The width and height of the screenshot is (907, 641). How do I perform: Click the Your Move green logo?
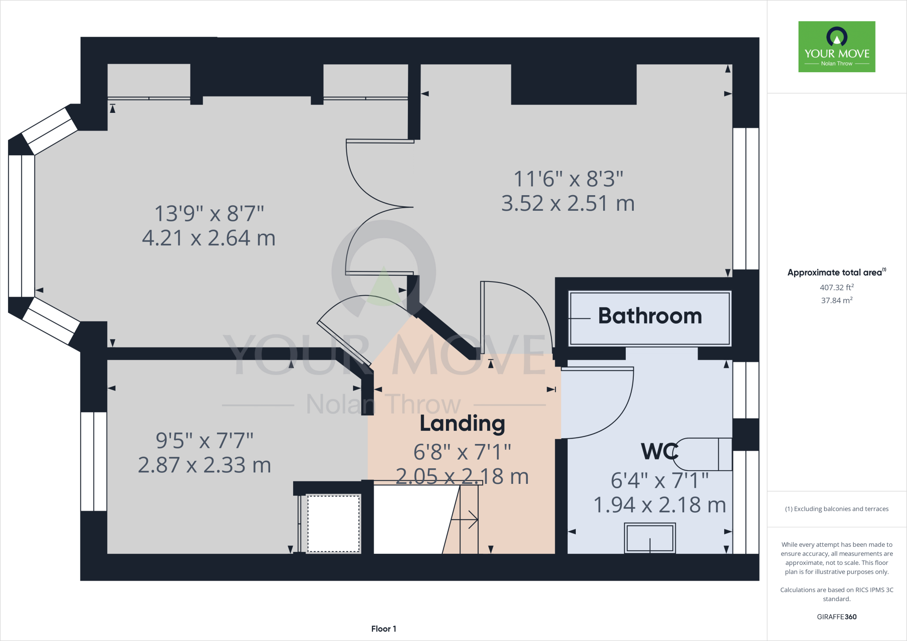point(837,46)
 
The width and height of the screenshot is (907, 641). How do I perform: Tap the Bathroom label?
point(650,316)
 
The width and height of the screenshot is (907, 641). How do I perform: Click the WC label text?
point(659,452)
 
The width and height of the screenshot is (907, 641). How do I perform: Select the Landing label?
point(462,424)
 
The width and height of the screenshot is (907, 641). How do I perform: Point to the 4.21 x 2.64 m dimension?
point(209,238)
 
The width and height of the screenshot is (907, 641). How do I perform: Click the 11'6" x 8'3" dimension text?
point(568,179)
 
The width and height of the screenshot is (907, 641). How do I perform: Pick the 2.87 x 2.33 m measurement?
point(204,465)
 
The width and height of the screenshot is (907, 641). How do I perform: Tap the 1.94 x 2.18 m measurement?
point(659,505)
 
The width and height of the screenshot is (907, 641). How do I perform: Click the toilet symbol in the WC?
point(702,454)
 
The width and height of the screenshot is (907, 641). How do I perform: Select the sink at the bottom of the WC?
point(650,538)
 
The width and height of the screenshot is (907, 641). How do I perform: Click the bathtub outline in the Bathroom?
point(650,318)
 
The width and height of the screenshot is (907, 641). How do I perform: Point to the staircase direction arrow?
point(465,519)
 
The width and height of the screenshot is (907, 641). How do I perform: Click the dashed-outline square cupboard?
point(334,524)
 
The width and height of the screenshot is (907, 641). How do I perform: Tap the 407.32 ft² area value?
point(837,287)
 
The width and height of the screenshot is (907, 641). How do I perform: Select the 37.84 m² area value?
point(837,300)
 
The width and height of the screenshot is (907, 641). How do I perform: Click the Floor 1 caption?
point(384,629)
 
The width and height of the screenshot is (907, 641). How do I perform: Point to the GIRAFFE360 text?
point(837,617)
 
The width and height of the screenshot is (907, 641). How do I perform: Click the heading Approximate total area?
point(837,272)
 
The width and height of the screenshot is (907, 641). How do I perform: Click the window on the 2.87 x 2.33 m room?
point(94,461)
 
